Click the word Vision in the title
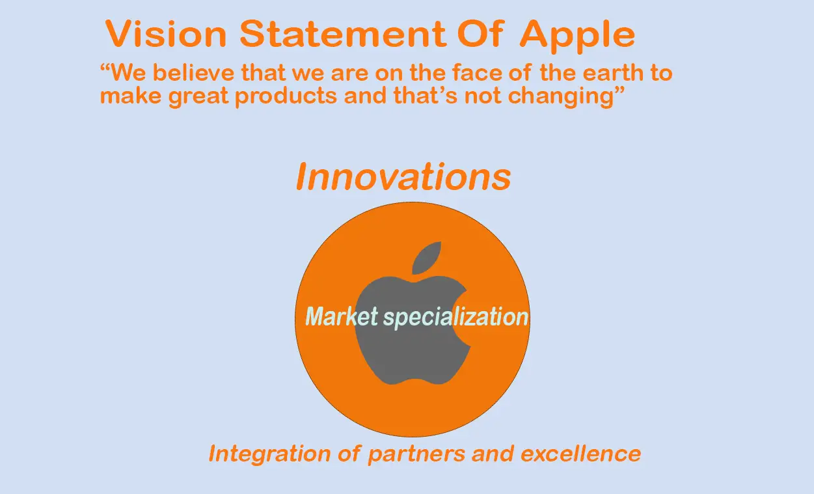coord(166,33)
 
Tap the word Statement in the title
coord(342,33)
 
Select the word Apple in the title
coord(577,36)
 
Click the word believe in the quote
coord(193,72)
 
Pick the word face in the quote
coord(476,72)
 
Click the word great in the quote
coord(198,97)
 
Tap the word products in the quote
coord(286,97)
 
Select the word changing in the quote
coord(561,97)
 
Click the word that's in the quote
coord(425,95)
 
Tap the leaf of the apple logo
coord(426,258)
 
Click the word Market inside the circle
coord(342,316)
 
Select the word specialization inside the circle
coord(456,318)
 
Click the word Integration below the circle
coord(269,454)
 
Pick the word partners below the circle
coord(416,455)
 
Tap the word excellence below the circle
coord(580,454)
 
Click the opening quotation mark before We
coord(105,67)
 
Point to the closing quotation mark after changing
coord(619,90)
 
